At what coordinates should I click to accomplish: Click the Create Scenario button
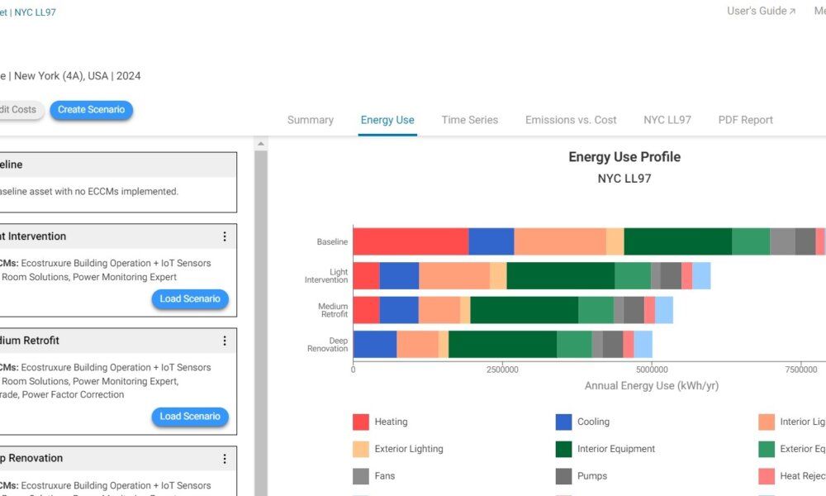click(x=91, y=110)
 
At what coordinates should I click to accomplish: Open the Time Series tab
click(x=469, y=120)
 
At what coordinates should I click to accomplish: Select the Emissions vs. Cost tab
click(x=571, y=120)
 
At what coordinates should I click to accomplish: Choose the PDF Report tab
click(x=745, y=120)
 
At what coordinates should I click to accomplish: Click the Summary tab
click(x=311, y=120)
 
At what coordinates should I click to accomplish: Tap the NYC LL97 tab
click(x=667, y=120)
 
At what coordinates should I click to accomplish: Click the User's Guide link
click(x=761, y=12)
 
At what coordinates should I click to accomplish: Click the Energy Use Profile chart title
click(x=624, y=157)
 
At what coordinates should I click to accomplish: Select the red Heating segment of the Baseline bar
click(x=411, y=241)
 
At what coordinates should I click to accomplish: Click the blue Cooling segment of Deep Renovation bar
click(x=375, y=344)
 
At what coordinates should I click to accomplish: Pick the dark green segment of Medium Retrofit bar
click(x=524, y=310)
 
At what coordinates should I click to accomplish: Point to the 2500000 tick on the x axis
click(x=502, y=369)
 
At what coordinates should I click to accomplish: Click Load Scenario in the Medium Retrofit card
click(x=190, y=417)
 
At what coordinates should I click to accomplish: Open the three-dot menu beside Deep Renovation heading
click(x=224, y=459)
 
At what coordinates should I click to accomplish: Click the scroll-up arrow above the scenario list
click(x=261, y=144)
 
